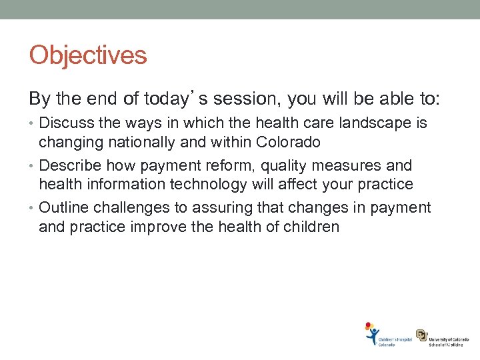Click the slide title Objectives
point(87,55)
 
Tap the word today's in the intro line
point(165,99)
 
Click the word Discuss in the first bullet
point(65,123)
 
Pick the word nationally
point(132,142)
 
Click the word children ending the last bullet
point(312,226)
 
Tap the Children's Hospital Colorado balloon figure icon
point(371,333)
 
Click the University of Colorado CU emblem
point(422,335)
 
